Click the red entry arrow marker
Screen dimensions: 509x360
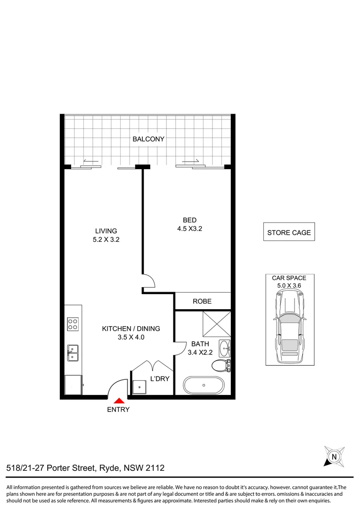click(118, 400)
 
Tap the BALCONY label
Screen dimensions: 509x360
click(148, 139)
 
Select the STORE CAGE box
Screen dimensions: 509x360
click(289, 232)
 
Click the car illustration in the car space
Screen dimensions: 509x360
click(289, 326)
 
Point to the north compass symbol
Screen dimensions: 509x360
click(334, 456)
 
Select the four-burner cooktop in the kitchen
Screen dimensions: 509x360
click(73, 324)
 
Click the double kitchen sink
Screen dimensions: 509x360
click(73, 353)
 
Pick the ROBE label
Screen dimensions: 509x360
click(202, 301)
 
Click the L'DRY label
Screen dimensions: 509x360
click(159, 378)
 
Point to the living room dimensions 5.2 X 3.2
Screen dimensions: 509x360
click(106, 239)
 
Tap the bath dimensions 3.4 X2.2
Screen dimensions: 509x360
click(200, 352)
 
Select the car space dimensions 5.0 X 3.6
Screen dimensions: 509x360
click(289, 285)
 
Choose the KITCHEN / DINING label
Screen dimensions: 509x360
click(131, 328)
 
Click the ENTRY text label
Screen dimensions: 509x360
click(118, 410)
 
